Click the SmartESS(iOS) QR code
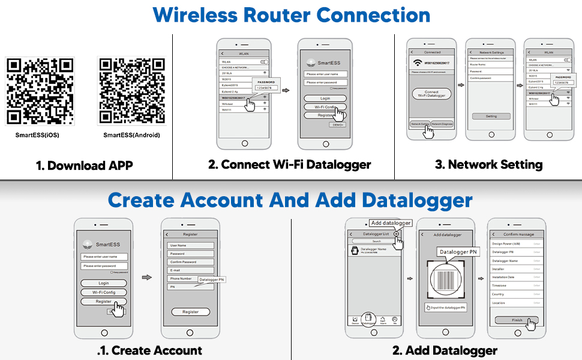[40, 91]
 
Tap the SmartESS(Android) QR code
[131, 91]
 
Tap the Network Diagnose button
[442, 124]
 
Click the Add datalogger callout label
[391, 223]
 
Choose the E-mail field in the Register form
[190, 270]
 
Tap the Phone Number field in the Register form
[182, 278]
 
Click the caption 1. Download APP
[85, 165]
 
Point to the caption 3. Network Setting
[488, 164]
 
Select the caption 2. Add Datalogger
[445, 350]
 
